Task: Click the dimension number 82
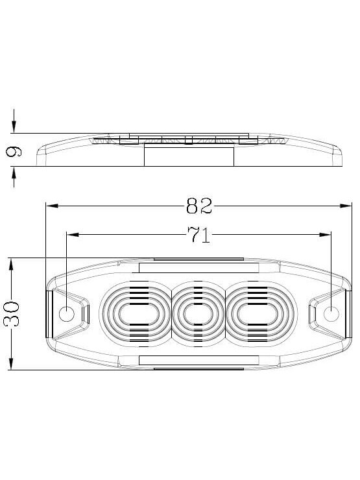coord(199,206)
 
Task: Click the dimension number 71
coord(199,235)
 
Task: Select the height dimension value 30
coord(12,313)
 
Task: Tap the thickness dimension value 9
coord(14,152)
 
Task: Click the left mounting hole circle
coord(66,314)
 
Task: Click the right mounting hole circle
coord(331,314)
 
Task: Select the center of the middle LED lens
coord(198,314)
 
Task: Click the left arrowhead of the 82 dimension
coord(51,206)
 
